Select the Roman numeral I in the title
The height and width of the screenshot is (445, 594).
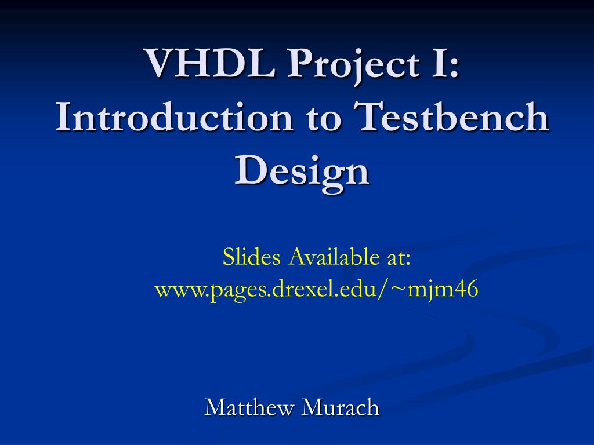(436, 63)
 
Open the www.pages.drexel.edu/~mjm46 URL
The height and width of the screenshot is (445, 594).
(316, 289)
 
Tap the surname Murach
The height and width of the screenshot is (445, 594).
(341, 408)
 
